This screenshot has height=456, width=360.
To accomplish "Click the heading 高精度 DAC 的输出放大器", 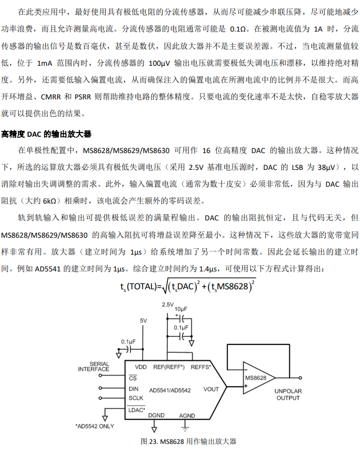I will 46,134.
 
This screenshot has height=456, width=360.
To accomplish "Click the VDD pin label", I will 141,367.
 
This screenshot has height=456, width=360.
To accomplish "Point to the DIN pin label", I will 134,389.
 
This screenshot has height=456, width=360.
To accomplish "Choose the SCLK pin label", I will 136,398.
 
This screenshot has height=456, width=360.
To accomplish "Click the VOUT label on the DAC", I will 211,389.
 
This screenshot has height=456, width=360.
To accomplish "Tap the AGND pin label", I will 187,415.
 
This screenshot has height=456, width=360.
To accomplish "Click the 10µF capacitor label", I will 181,309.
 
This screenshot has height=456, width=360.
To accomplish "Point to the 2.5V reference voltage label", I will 167,305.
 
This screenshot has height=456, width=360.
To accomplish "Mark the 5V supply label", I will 144,320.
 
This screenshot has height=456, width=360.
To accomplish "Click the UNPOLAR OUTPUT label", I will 288,394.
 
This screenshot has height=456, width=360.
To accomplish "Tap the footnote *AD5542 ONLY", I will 94,425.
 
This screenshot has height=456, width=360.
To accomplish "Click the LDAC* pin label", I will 137,409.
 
